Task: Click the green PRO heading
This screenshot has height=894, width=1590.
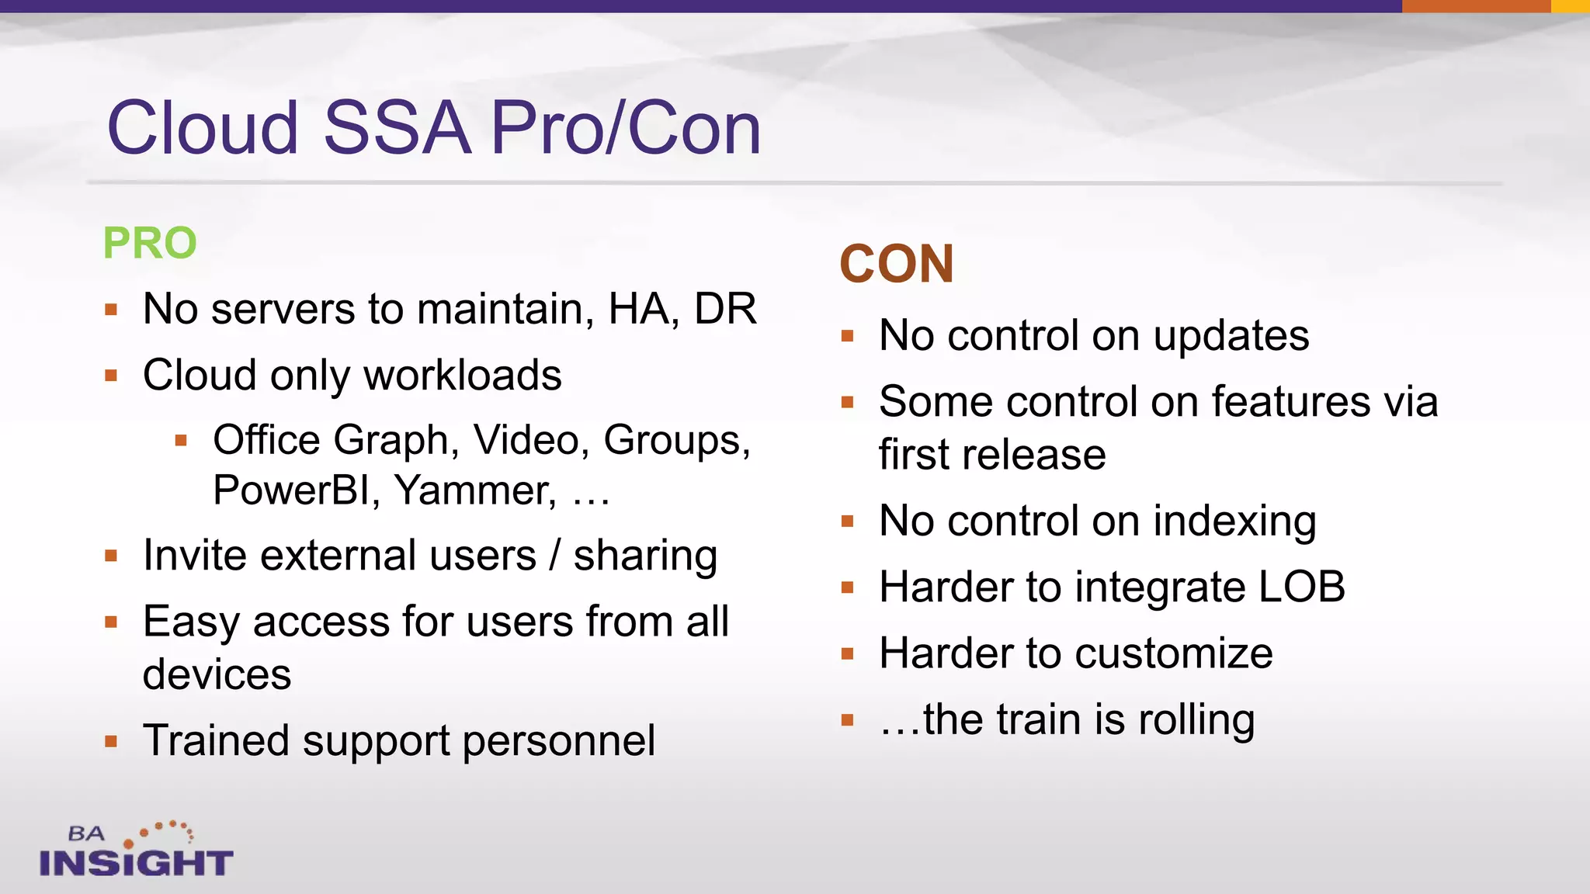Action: pyautogui.click(x=150, y=243)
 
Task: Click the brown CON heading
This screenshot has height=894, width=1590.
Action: pyautogui.click(x=897, y=265)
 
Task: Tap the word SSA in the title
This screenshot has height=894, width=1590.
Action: pyautogui.click(x=397, y=128)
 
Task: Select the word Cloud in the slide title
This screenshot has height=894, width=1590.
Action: pyautogui.click(x=203, y=128)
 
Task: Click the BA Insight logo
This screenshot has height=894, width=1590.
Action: pyautogui.click(x=136, y=851)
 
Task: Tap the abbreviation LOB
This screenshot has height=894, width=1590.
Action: pyautogui.click(x=1302, y=587)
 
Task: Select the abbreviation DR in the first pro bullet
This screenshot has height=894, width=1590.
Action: pyautogui.click(x=725, y=309)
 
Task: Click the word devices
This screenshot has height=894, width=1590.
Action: pyautogui.click(x=217, y=674)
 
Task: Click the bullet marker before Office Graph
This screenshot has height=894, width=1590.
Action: pyautogui.click(x=181, y=441)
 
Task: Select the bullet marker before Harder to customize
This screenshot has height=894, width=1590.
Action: pyautogui.click(x=847, y=653)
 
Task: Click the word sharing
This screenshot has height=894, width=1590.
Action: pyautogui.click(x=644, y=556)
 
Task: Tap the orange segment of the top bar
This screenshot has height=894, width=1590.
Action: pyautogui.click(x=1475, y=6)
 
